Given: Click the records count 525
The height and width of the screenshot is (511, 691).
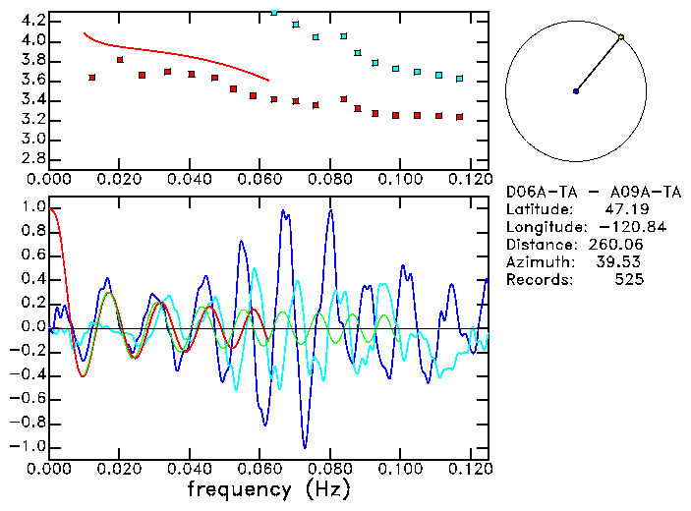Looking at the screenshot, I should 629,280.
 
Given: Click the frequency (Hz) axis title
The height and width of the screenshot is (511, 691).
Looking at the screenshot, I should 268,489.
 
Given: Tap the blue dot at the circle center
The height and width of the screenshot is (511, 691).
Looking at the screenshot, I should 576,91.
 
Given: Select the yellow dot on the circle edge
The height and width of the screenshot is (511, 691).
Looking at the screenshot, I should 621,37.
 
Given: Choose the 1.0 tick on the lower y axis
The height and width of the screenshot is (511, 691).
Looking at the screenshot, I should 33,208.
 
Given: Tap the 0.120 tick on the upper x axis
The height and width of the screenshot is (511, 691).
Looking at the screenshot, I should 470,180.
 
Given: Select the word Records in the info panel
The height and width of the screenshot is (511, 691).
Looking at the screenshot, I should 539,280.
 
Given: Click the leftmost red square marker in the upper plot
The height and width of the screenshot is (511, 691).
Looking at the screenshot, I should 92,78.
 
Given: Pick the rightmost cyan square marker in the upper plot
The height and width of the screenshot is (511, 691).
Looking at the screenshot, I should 459,79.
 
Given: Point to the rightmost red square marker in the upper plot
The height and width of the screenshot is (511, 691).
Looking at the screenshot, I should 459,118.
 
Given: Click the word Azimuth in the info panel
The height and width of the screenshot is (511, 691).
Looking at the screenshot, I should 539,262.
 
